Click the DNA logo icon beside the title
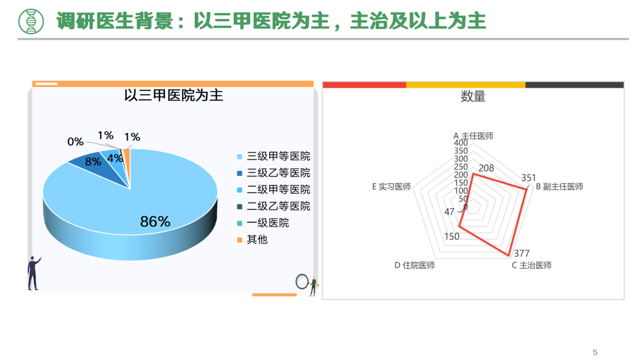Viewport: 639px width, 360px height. point(31,21)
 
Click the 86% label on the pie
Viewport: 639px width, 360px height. point(155,221)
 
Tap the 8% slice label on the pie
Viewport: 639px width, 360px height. point(93,162)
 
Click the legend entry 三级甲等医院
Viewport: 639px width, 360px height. point(273,156)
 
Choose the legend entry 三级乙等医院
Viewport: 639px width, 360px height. point(273,173)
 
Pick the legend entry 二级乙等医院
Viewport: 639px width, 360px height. point(273,206)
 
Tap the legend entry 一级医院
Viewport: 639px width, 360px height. point(263,223)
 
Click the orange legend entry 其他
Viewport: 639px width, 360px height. point(252,240)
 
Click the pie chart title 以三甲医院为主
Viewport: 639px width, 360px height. point(173,95)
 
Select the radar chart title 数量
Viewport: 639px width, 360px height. point(473,97)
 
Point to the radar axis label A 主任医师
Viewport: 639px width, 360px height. point(473,136)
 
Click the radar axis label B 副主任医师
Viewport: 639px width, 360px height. point(560,187)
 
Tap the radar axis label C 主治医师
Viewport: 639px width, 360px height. point(532,265)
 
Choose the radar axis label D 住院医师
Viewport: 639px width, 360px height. point(414,265)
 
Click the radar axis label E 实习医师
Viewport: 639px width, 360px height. point(391,187)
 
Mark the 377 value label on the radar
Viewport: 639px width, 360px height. point(522,253)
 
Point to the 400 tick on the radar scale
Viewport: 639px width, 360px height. point(461,143)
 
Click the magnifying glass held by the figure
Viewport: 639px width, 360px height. point(302,281)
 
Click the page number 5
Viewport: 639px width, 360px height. point(595,352)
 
